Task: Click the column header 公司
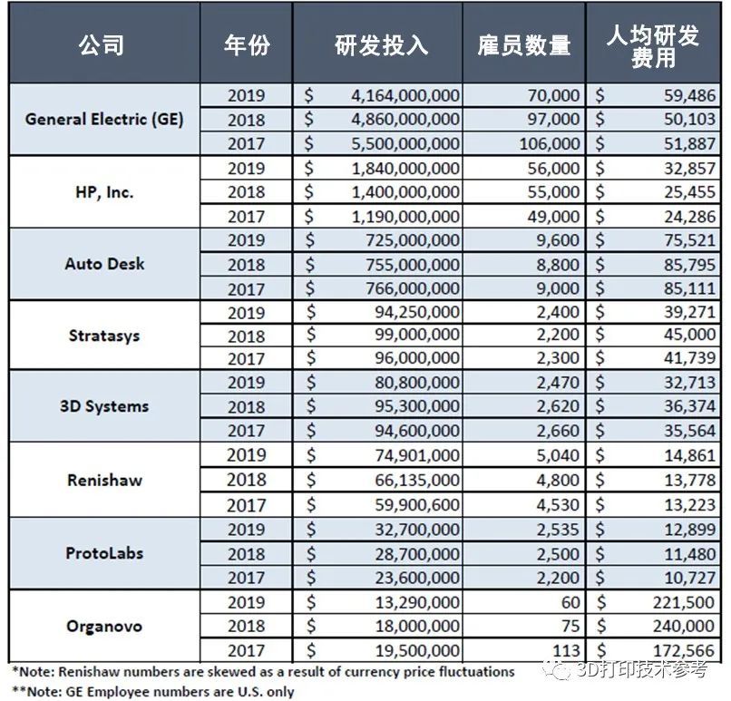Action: [x=102, y=45]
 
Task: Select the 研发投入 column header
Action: [x=381, y=45]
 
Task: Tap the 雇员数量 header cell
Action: [x=523, y=45]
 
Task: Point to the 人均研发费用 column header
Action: [x=653, y=46]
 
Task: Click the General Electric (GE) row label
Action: [x=104, y=120]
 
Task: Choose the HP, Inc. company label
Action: [x=104, y=192]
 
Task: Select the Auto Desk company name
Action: [x=104, y=264]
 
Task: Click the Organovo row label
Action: [x=104, y=626]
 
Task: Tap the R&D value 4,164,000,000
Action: [x=405, y=95]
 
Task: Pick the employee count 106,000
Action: [x=550, y=143]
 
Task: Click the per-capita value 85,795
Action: [x=689, y=265]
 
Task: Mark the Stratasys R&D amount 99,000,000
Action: [x=417, y=335]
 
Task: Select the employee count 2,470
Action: [x=558, y=383]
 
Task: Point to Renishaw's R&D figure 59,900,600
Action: [x=417, y=505]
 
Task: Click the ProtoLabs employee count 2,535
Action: [x=558, y=530]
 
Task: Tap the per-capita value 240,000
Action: [x=684, y=626]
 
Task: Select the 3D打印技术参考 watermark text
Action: [x=642, y=670]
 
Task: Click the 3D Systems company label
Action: [x=104, y=406]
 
